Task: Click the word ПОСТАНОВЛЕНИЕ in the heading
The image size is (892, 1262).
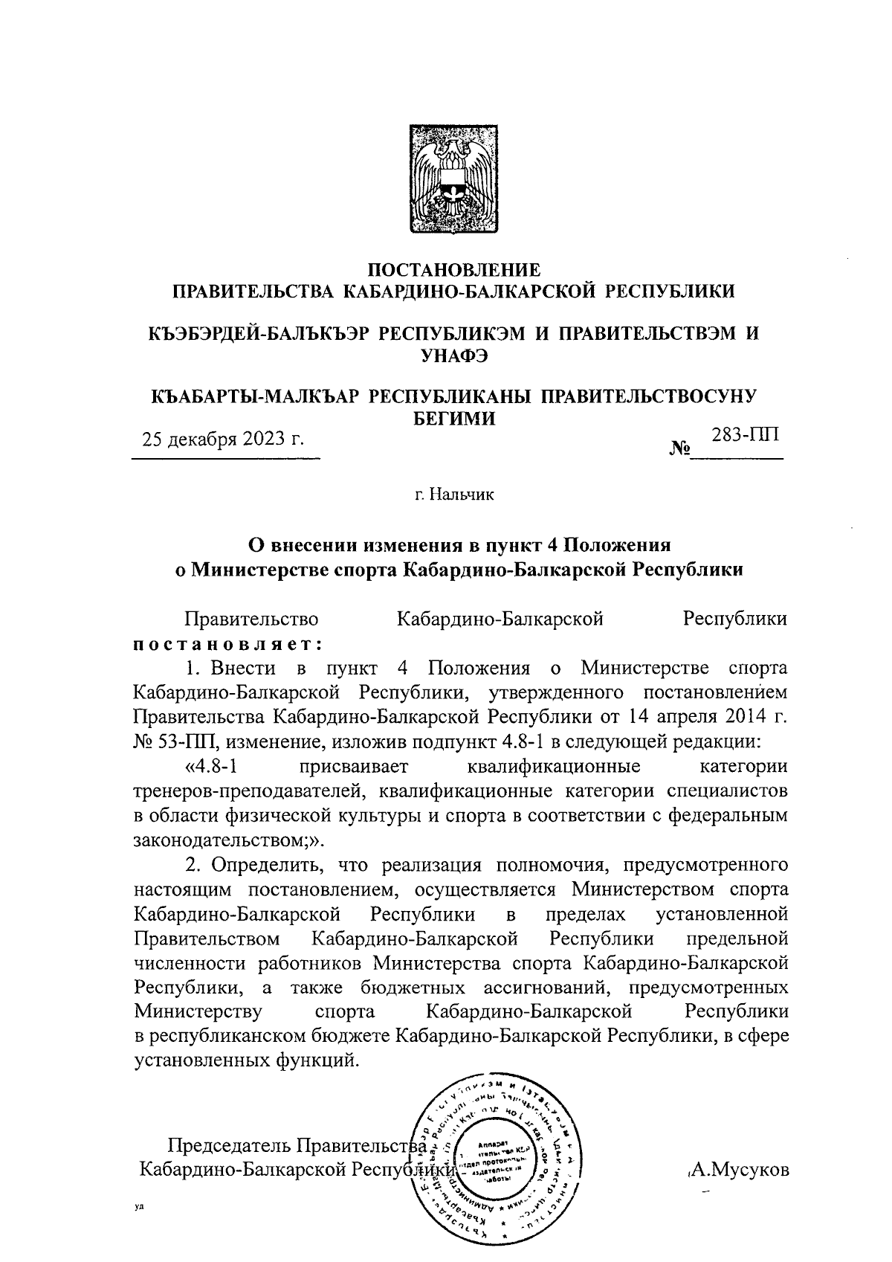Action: coord(454,269)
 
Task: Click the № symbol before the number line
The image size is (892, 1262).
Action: coord(679,450)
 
